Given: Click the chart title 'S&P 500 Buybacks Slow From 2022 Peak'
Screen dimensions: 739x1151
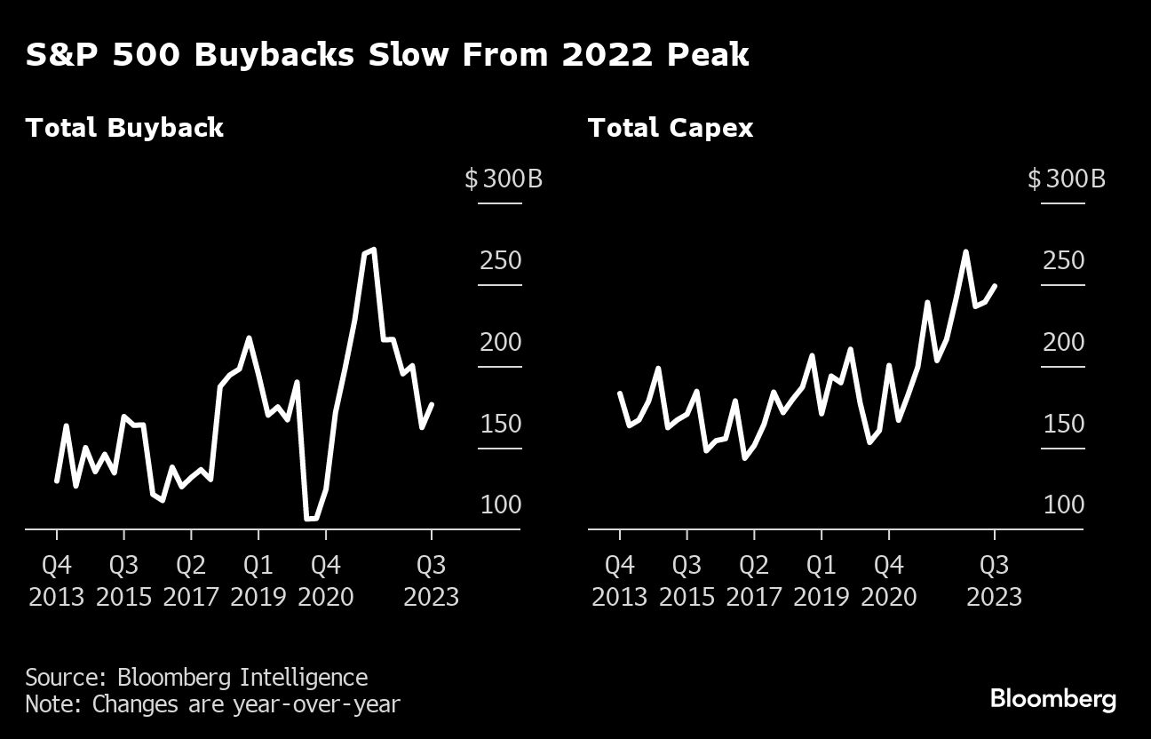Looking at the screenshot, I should coord(387,55).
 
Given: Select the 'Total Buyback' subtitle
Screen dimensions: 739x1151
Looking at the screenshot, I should coord(124,128).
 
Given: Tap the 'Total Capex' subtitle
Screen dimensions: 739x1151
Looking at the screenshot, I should coord(671,128).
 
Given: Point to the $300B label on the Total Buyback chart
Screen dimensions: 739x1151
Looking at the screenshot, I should coord(503,179).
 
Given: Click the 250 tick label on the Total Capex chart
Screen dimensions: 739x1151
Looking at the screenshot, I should coord(1063,261).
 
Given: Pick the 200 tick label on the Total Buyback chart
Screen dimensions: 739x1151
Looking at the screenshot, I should coord(501,343).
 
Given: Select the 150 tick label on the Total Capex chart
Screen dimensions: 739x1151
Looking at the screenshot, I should coord(1063,424).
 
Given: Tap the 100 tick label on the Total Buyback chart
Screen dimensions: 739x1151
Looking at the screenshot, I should coord(501,505).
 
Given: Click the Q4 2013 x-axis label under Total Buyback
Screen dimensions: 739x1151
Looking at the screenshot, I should coord(57,580).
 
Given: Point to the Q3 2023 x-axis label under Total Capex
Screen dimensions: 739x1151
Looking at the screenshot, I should coord(994,580).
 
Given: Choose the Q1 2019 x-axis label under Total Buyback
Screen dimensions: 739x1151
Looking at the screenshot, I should coord(258,580).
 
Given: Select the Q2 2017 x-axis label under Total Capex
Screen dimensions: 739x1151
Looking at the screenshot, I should coord(754,580).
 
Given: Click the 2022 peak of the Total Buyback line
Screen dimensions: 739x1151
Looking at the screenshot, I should coord(372,250).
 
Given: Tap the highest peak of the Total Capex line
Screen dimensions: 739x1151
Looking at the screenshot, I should coord(965,251).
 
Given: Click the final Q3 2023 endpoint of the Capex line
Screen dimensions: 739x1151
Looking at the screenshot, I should coord(995,286).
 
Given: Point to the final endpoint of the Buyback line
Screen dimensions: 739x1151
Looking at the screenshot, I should coord(432,404).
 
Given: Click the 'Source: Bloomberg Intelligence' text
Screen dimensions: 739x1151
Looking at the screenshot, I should coord(196,678).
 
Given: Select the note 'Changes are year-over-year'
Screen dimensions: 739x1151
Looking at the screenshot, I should coord(213,705).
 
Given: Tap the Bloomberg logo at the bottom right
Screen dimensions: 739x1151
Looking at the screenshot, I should coord(1053,699).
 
